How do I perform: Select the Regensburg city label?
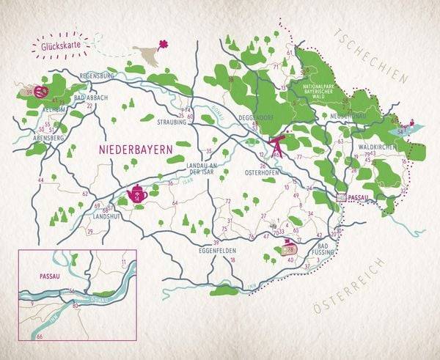96,76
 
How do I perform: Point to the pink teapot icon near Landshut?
137,194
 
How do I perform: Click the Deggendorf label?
256,117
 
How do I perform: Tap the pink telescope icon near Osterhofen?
278,145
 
